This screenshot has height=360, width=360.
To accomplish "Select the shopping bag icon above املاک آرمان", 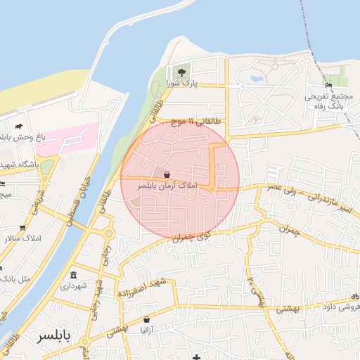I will click(x=167, y=175).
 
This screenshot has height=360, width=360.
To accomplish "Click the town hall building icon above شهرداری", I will click(x=74, y=275).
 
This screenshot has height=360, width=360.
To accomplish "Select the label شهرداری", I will click(x=74, y=286).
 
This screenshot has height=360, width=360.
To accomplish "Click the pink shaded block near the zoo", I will click(x=67, y=139).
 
